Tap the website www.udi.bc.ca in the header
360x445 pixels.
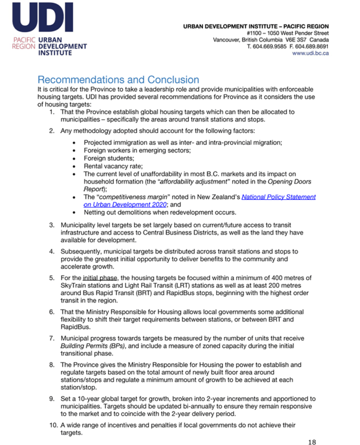tap(310, 53)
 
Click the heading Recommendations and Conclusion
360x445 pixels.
tap(118, 80)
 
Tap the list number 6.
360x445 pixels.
tap(51, 312)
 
